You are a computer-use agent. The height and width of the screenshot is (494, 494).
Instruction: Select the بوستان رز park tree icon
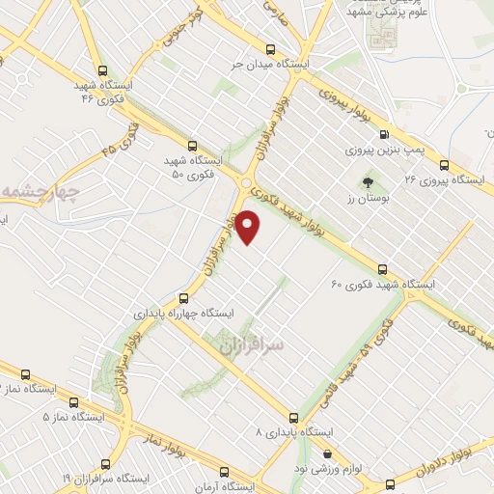[x=367, y=181]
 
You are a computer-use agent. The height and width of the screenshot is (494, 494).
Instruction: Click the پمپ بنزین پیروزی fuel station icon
[x=385, y=135]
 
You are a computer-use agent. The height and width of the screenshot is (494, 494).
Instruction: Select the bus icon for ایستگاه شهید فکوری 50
[x=192, y=145]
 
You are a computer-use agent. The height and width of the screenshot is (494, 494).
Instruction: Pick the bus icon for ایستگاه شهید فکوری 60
[x=383, y=269]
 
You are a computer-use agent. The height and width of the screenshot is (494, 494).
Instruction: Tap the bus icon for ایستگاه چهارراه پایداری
[x=184, y=298]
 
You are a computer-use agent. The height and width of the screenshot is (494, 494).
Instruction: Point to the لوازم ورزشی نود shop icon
[x=327, y=453]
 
